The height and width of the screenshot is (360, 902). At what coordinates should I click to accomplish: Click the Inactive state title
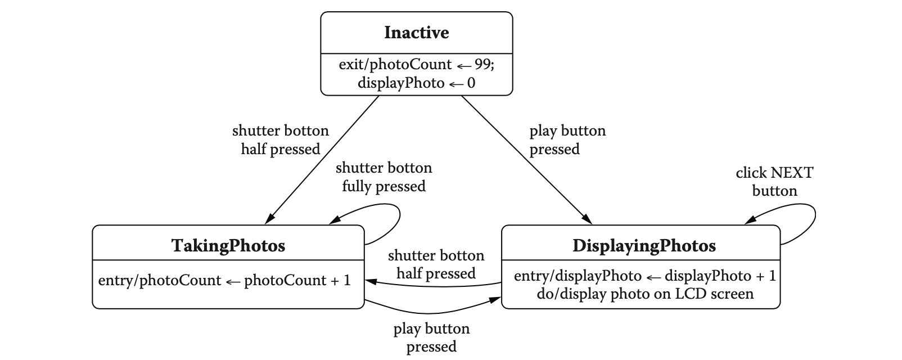coord(416,33)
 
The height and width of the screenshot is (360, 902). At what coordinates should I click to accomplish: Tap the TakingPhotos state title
coord(228,246)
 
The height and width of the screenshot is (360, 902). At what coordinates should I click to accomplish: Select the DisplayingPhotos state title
coord(644,246)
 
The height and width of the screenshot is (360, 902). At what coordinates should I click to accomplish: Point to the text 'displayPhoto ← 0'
coord(416,83)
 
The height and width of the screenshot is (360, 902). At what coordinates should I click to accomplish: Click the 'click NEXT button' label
coord(774,182)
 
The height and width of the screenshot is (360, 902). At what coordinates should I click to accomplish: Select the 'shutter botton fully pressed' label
coord(384,177)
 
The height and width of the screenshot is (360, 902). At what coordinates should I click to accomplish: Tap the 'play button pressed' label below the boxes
coord(431,337)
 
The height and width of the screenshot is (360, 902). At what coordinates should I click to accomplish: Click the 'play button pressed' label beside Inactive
coord(567,139)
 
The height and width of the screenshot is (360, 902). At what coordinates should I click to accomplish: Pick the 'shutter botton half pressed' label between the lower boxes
coord(436,264)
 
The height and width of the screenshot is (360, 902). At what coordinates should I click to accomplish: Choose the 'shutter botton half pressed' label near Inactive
coord(280,139)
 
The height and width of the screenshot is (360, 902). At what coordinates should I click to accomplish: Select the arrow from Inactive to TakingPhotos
coord(325,160)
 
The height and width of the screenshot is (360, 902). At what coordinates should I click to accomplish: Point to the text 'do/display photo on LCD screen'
coord(645,294)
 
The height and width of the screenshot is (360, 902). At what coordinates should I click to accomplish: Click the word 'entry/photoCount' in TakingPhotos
coord(159,280)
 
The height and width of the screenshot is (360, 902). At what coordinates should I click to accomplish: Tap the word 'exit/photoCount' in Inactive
coord(395,64)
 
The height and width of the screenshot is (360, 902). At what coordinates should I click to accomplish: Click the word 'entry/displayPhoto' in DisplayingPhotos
coord(578,276)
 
